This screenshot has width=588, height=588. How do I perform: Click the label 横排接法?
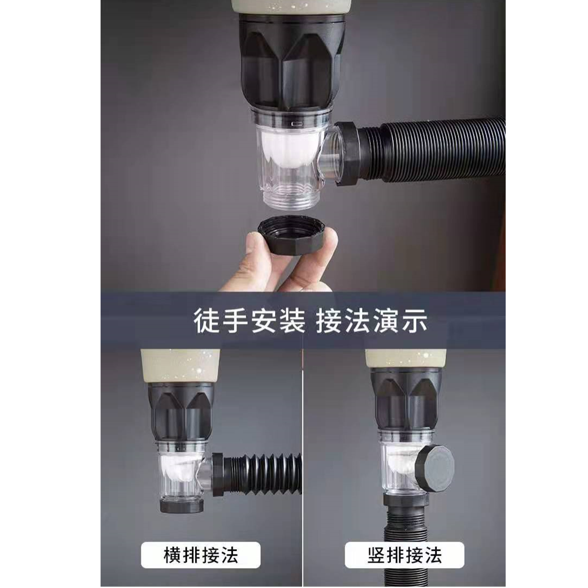(201, 556)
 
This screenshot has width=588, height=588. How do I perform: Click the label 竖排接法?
(405, 556)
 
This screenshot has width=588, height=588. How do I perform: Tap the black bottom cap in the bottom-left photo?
(182, 506)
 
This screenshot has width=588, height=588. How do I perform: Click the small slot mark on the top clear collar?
(297, 123)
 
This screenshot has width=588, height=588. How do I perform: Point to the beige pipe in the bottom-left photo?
(180, 366)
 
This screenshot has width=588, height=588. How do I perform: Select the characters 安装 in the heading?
(278, 320)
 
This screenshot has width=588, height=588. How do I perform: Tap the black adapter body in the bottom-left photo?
(181, 413)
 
